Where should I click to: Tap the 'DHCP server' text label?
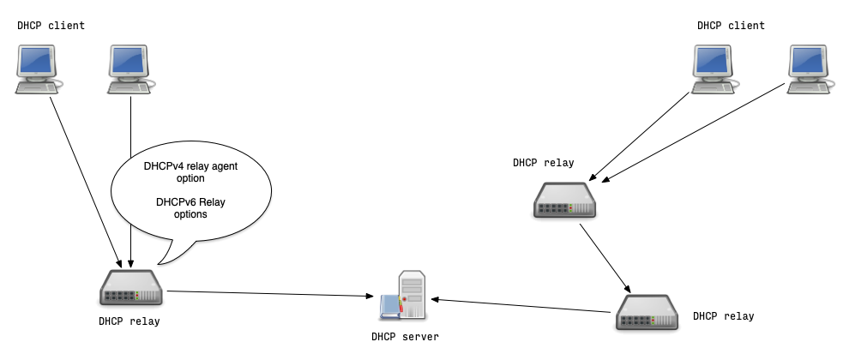(x=405, y=337)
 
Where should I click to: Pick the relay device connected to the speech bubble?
(x=130, y=288)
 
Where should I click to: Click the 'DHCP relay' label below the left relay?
(x=129, y=321)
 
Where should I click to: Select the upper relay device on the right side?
(x=565, y=201)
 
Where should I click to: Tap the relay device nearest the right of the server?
(x=647, y=312)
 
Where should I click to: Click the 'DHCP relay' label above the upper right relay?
(x=544, y=162)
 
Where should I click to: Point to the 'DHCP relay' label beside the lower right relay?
(x=724, y=316)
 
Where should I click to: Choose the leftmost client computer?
(x=38, y=69)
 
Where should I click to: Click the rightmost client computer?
(x=810, y=69)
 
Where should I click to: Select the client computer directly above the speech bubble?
(x=130, y=69)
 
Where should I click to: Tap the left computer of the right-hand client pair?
(x=716, y=69)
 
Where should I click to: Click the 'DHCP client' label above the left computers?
(x=51, y=26)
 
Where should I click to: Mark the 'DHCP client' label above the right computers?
(x=731, y=26)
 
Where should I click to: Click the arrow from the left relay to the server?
(x=274, y=294)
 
